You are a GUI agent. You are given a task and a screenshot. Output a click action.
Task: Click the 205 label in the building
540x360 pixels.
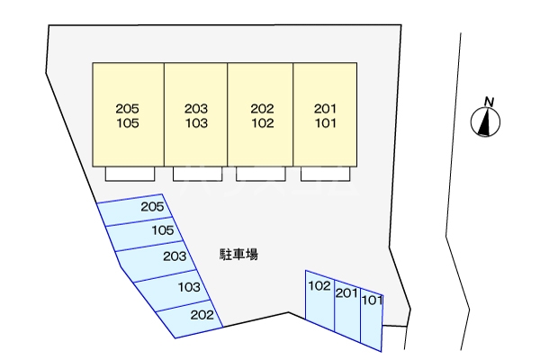pos(128,109)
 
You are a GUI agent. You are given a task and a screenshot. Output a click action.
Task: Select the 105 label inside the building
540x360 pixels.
pos(128,123)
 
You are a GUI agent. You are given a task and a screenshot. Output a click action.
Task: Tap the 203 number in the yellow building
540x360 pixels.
pos(196,109)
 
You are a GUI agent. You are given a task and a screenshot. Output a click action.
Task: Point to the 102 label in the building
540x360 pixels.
pos(262,123)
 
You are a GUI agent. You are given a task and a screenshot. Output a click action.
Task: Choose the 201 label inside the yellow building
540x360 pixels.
pos(325,109)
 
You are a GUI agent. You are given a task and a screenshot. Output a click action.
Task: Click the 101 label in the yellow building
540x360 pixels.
pos(325,123)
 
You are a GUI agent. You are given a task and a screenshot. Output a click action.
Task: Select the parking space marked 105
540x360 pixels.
pos(145,234)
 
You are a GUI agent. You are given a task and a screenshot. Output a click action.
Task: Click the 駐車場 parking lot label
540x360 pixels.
pos(238,254)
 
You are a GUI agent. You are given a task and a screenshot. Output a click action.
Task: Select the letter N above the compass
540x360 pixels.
pos(489,102)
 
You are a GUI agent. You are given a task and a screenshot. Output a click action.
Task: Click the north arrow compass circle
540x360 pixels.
pos(486,121)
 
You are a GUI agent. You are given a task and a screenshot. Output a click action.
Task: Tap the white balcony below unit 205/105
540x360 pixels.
pos(130,174)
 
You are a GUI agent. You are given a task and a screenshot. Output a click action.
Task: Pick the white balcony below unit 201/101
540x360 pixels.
pos(326,174)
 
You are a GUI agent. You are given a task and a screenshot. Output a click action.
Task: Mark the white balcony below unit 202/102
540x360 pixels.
pos(261,174)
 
